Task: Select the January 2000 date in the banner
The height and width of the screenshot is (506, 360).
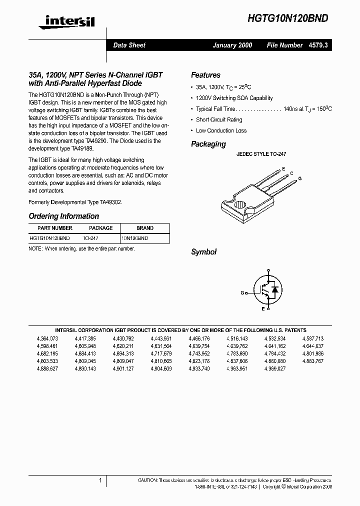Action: (x=232, y=45)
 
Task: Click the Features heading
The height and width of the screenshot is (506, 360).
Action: (x=205, y=75)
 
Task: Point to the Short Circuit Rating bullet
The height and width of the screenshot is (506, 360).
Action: (x=219, y=119)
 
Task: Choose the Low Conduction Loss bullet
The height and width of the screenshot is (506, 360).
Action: (x=221, y=130)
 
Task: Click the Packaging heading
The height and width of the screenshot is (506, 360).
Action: (x=208, y=144)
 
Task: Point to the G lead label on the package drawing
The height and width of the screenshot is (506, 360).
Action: (x=300, y=178)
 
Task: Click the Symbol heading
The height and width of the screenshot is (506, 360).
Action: (x=203, y=252)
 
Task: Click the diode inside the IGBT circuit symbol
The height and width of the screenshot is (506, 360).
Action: (x=273, y=289)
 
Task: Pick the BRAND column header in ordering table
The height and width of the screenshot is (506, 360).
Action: (x=145, y=228)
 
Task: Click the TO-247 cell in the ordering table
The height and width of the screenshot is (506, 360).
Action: (x=90, y=238)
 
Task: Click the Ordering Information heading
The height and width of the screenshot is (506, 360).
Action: (x=64, y=216)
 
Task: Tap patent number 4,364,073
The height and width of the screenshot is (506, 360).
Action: (x=47, y=338)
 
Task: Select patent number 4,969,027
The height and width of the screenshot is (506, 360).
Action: (x=275, y=368)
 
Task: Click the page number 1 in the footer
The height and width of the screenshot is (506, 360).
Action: (x=100, y=480)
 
